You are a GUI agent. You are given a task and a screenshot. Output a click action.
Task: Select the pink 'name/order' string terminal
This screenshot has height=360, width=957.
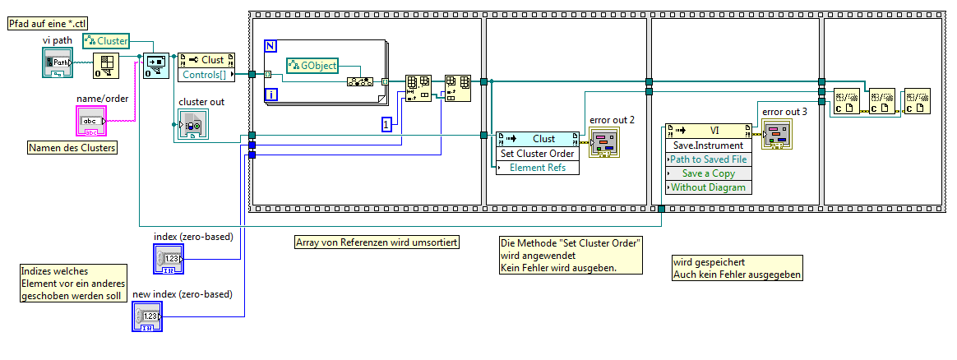[x=91, y=122]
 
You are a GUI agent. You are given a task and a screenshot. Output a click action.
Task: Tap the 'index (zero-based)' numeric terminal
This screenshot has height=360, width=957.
[x=169, y=259]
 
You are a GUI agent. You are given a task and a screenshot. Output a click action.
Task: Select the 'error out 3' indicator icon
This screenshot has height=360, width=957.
[x=777, y=135]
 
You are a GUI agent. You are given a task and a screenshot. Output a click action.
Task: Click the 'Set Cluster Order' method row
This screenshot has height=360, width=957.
[x=538, y=154]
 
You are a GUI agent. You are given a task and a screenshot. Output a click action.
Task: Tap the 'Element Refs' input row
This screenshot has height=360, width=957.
[x=538, y=168]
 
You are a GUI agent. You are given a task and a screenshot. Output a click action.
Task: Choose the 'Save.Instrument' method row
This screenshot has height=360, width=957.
[x=708, y=145]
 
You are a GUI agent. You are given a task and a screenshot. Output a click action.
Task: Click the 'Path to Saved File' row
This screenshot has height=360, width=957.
[x=708, y=159]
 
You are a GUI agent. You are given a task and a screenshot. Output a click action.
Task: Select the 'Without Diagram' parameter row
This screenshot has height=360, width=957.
[x=708, y=187]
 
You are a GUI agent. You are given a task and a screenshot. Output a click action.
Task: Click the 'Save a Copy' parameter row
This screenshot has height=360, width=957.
[x=708, y=173]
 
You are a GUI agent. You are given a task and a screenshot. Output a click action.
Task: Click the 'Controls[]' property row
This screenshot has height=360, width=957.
[x=205, y=75]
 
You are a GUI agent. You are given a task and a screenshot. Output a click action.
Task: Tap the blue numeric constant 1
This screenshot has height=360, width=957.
[x=386, y=125]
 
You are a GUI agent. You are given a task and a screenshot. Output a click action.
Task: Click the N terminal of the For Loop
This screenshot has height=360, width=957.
[x=270, y=46]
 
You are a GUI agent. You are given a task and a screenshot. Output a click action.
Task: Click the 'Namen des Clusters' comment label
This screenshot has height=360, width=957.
[x=72, y=148]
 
